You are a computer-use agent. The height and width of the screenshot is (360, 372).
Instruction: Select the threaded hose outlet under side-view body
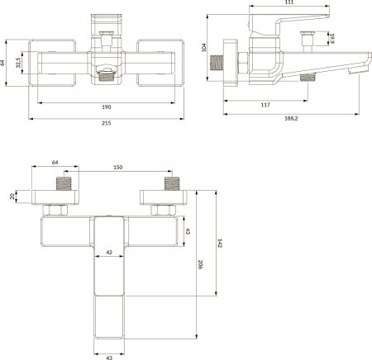[x=309, y=78]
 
